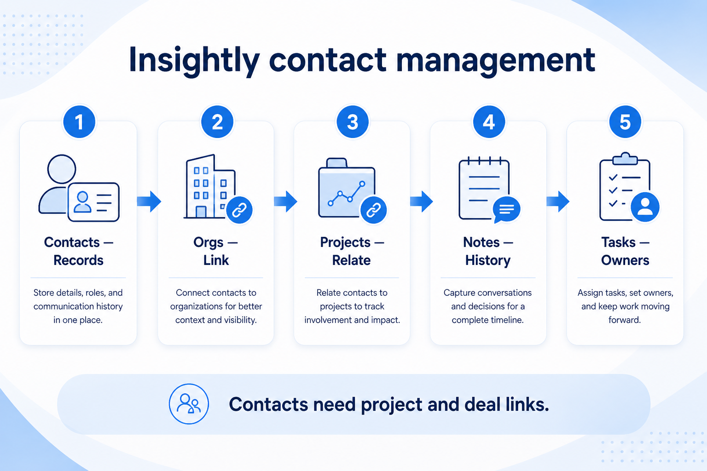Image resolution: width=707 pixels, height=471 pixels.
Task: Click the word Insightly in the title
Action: (x=194, y=60)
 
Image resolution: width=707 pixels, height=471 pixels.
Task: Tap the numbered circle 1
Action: (x=79, y=122)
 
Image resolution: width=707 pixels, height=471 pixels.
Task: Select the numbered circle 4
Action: (x=489, y=122)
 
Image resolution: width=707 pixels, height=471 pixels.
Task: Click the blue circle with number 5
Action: (x=625, y=122)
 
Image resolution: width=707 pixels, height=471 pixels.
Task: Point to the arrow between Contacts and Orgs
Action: (x=149, y=201)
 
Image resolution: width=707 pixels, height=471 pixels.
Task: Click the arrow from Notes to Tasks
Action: (x=558, y=201)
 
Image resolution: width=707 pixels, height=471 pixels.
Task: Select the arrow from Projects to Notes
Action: (x=421, y=201)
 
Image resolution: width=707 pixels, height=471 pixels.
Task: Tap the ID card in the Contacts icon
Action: (x=93, y=202)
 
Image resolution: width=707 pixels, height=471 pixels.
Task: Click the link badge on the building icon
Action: (x=239, y=210)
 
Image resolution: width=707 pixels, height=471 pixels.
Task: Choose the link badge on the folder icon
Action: (x=374, y=210)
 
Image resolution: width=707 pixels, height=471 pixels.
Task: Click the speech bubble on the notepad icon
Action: (x=506, y=209)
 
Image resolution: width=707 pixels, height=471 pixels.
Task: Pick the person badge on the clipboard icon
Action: (x=645, y=207)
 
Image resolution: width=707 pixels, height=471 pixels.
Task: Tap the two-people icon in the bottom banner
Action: (x=189, y=404)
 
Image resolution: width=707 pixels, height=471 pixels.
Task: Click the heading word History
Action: (x=487, y=261)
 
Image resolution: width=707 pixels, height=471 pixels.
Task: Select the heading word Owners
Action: (x=625, y=260)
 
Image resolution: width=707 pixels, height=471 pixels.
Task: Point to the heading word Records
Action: (x=78, y=260)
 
